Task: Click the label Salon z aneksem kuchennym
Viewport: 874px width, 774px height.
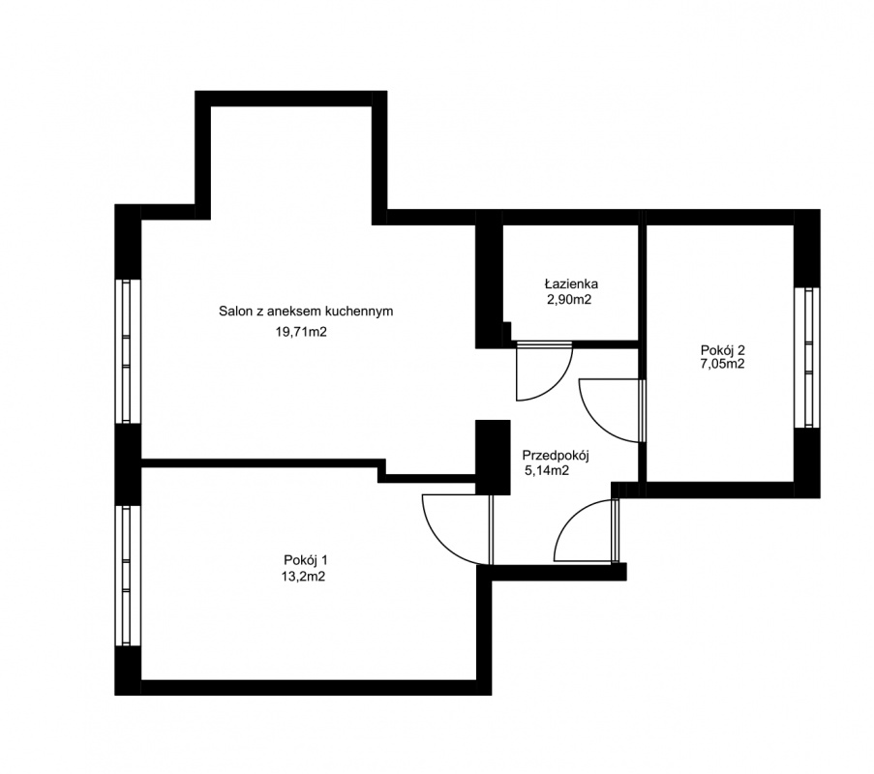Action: click(306, 311)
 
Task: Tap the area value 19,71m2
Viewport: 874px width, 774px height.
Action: click(301, 333)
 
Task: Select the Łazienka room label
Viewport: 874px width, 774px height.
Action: click(571, 284)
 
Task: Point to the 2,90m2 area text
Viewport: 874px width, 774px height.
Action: click(569, 300)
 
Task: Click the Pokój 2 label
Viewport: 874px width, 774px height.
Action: click(723, 350)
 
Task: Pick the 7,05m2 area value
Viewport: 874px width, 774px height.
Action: click(723, 365)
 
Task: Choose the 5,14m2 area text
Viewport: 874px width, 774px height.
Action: click(547, 471)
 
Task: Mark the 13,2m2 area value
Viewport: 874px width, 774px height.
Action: click(303, 577)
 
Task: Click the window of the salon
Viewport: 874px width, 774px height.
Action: click(127, 351)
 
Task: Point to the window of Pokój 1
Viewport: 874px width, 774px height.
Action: click(127, 576)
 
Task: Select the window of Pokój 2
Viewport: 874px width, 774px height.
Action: click(806, 357)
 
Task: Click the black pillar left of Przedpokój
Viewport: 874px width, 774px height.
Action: click(493, 457)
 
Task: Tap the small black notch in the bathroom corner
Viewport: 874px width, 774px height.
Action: click(506, 331)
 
